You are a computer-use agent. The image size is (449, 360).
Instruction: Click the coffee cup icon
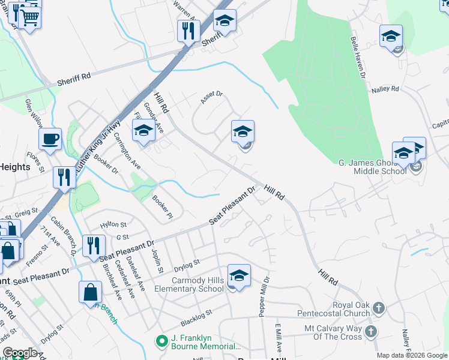[50, 139]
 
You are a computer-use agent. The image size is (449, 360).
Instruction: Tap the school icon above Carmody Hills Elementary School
[239, 276]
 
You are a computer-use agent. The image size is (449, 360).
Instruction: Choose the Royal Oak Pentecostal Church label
[335, 308]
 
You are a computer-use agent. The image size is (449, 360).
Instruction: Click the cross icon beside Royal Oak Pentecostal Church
[378, 308]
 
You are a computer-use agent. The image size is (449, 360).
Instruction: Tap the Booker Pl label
[162, 208]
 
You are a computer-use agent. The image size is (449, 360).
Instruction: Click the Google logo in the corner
[20, 353]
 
